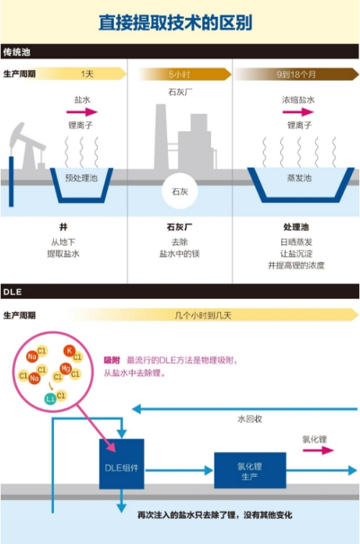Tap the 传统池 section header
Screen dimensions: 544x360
click(17, 52)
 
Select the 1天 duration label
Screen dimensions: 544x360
click(87, 74)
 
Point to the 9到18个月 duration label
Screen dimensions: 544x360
click(297, 74)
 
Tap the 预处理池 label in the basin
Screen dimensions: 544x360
click(81, 177)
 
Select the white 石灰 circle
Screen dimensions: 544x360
click(179, 191)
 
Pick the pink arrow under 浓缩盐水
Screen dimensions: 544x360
click(298, 112)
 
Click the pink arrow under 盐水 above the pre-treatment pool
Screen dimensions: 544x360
click(82, 112)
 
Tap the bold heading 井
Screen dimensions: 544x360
click(63, 226)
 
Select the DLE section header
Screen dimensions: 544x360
click(12, 291)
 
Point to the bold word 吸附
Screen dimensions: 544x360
click(112, 360)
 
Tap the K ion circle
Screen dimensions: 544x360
click(70, 352)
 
